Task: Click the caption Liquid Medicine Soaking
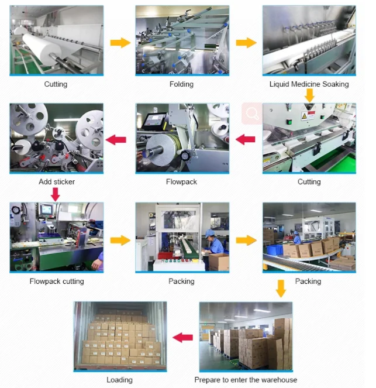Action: point(309,84)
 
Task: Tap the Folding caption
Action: point(181,84)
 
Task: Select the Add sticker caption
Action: point(57,182)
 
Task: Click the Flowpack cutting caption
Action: point(57,281)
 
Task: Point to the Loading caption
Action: point(119,380)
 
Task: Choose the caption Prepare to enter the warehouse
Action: point(246,380)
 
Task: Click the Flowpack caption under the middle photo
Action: point(181,182)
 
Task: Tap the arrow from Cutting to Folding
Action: point(120,43)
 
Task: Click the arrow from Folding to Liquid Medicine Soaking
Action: point(246,43)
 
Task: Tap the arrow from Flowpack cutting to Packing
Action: point(120,240)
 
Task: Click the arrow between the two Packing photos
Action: point(246,240)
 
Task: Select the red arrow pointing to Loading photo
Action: point(183,337)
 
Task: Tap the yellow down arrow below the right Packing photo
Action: point(281,288)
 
